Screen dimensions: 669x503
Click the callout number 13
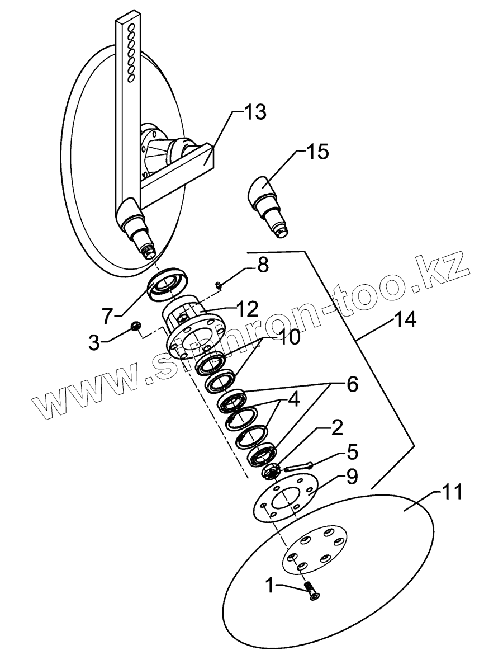(253, 111)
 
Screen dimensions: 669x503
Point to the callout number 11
(452, 493)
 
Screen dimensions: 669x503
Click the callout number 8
(262, 265)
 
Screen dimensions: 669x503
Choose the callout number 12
(245, 308)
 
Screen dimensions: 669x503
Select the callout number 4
(292, 401)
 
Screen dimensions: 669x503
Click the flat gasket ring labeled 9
(283, 497)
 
